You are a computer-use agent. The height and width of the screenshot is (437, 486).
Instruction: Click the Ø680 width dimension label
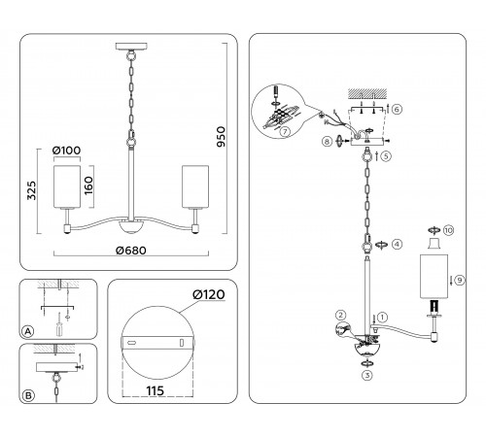(x=131, y=251)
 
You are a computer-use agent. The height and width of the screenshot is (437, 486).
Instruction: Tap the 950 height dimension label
(x=221, y=137)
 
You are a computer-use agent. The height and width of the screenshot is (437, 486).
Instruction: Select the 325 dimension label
(x=31, y=190)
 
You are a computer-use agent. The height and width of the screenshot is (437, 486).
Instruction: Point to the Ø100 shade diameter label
(x=66, y=151)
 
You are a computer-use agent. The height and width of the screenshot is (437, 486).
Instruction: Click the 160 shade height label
(x=88, y=185)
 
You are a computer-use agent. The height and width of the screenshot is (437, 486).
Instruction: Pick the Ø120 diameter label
(x=208, y=294)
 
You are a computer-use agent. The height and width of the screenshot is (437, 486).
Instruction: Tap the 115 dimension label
(x=156, y=391)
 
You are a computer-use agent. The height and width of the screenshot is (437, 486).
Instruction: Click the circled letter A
(x=28, y=331)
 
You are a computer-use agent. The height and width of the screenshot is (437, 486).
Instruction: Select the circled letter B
(x=28, y=395)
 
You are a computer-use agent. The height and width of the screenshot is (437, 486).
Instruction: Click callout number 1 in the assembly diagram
(x=382, y=318)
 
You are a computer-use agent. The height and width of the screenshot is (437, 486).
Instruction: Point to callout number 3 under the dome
(x=367, y=376)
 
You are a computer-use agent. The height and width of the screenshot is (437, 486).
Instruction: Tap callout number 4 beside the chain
(x=398, y=244)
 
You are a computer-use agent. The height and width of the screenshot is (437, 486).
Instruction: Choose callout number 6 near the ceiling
(x=397, y=109)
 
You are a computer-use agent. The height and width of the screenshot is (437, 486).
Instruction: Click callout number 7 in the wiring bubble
(x=285, y=132)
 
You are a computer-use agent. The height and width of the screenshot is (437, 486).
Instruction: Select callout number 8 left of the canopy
(x=327, y=142)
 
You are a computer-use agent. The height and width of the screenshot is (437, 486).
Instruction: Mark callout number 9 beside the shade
(x=460, y=280)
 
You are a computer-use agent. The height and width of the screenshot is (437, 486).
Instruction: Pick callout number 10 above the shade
(x=448, y=230)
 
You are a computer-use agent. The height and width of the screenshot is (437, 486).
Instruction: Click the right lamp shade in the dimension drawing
(x=195, y=186)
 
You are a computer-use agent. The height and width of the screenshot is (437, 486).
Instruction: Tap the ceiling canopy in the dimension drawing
(x=131, y=46)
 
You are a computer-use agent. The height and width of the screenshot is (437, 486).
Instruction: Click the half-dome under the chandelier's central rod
(x=131, y=227)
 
